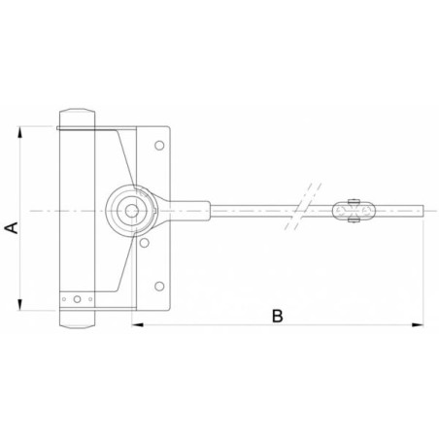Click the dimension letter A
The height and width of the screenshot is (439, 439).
[12, 227]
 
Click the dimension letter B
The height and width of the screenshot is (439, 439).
[278, 316]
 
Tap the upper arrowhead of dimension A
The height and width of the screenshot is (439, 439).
[20, 132]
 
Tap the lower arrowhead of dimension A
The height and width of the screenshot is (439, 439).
[20, 304]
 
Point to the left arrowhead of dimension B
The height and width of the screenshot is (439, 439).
[137, 324]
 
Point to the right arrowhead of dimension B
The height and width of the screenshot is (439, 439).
[418, 324]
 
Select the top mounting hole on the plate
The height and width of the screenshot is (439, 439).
[159, 146]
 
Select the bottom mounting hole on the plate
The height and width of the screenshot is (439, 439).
[159, 287]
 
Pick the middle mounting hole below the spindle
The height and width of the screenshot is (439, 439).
[144, 243]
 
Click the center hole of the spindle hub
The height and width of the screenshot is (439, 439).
[131, 211]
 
